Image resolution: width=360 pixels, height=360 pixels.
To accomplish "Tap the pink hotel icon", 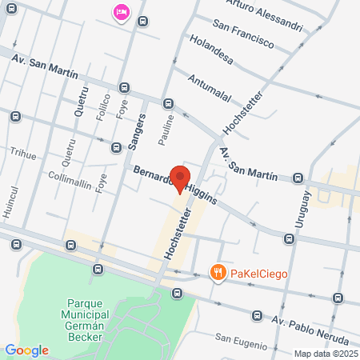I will (122, 13).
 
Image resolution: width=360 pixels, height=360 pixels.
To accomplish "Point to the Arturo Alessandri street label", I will (265, 17).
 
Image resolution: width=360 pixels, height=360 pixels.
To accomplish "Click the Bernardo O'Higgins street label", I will (174, 185).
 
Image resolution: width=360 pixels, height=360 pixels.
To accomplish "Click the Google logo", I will (26, 350).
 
